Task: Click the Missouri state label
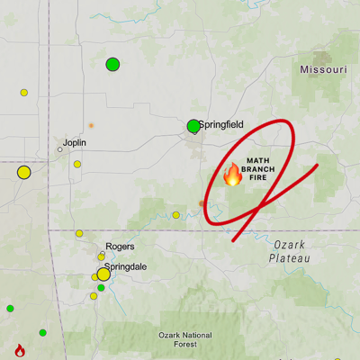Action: click(x=323, y=70)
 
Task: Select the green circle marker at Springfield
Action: click(x=193, y=127)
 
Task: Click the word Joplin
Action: click(x=75, y=142)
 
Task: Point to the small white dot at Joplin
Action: click(x=60, y=149)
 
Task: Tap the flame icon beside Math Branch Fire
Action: click(x=232, y=174)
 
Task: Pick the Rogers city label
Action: click(x=120, y=246)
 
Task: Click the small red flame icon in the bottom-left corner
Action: click(x=20, y=350)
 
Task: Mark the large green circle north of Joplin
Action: click(x=112, y=64)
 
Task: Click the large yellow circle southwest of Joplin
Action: click(x=24, y=173)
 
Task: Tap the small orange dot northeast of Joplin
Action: click(x=91, y=125)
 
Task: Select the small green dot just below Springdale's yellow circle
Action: click(x=102, y=288)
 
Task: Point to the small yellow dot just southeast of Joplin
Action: click(x=77, y=164)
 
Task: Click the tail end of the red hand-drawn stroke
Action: click(x=318, y=166)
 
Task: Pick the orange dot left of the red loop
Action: click(x=201, y=203)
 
